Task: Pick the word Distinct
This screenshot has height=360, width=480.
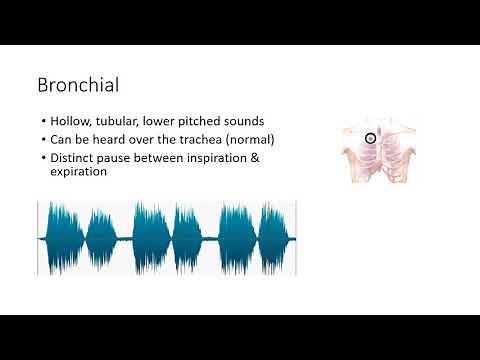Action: (72, 157)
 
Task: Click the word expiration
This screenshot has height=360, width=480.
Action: (83, 172)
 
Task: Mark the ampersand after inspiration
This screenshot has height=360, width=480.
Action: (255, 157)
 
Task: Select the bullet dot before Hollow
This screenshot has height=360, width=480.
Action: (42, 122)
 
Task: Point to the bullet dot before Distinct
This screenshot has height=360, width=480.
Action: (42, 158)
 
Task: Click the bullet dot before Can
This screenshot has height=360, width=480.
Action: (42, 140)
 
